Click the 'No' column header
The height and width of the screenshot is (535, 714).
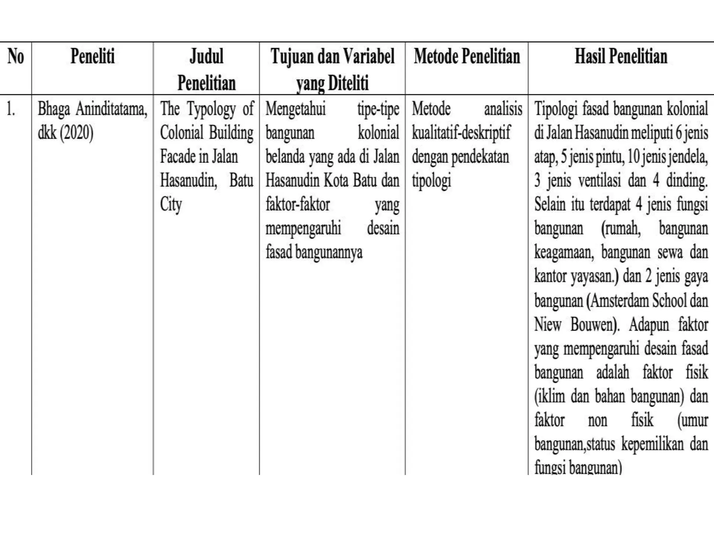(16, 56)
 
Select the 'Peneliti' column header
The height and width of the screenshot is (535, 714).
(92, 56)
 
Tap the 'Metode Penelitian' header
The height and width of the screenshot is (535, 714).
(467, 56)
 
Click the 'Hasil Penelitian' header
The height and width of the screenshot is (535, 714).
(621, 56)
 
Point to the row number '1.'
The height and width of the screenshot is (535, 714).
(11, 109)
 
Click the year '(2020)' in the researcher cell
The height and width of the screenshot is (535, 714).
(77, 133)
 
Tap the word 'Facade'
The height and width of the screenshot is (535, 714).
(177, 157)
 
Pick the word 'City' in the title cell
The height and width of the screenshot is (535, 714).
(171, 205)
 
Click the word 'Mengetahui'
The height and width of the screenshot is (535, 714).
(295, 109)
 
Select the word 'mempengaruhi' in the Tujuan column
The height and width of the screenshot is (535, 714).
(303, 229)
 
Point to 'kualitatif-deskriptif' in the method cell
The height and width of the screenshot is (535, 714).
(461, 133)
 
